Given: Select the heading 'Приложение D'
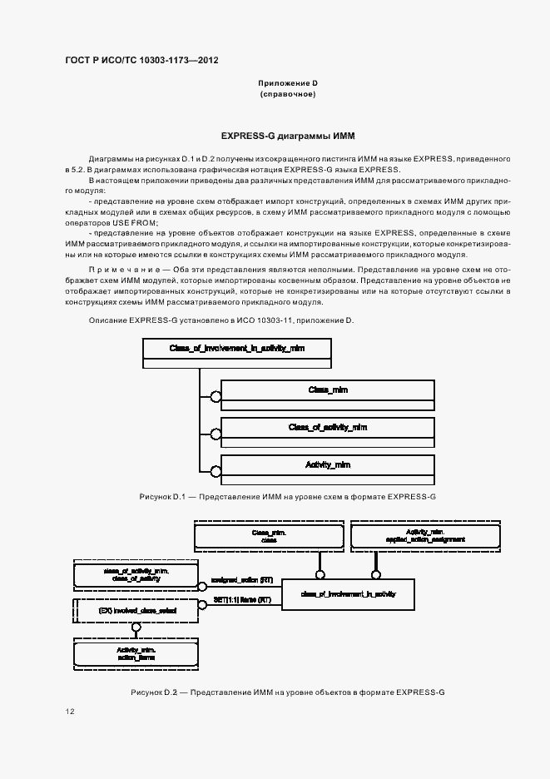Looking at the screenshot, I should pyautogui.click(x=287, y=83).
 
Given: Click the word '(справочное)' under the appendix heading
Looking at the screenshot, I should pyautogui.click(x=287, y=95).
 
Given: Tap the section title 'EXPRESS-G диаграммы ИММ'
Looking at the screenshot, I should pyautogui.click(x=287, y=134).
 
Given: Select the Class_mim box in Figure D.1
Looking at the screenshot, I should pyautogui.click(x=327, y=391).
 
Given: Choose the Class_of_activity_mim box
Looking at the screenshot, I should pyautogui.click(x=327, y=428).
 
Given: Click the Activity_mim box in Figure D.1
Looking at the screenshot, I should pyautogui.click(x=327, y=464).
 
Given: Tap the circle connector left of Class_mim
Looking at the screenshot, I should pyautogui.click(x=216, y=397).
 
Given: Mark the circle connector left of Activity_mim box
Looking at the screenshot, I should pyautogui.click(x=216, y=470).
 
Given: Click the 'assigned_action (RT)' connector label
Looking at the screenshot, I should pyautogui.click(x=242, y=579).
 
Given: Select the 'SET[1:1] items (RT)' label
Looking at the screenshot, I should pyautogui.click(x=242, y=600).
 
